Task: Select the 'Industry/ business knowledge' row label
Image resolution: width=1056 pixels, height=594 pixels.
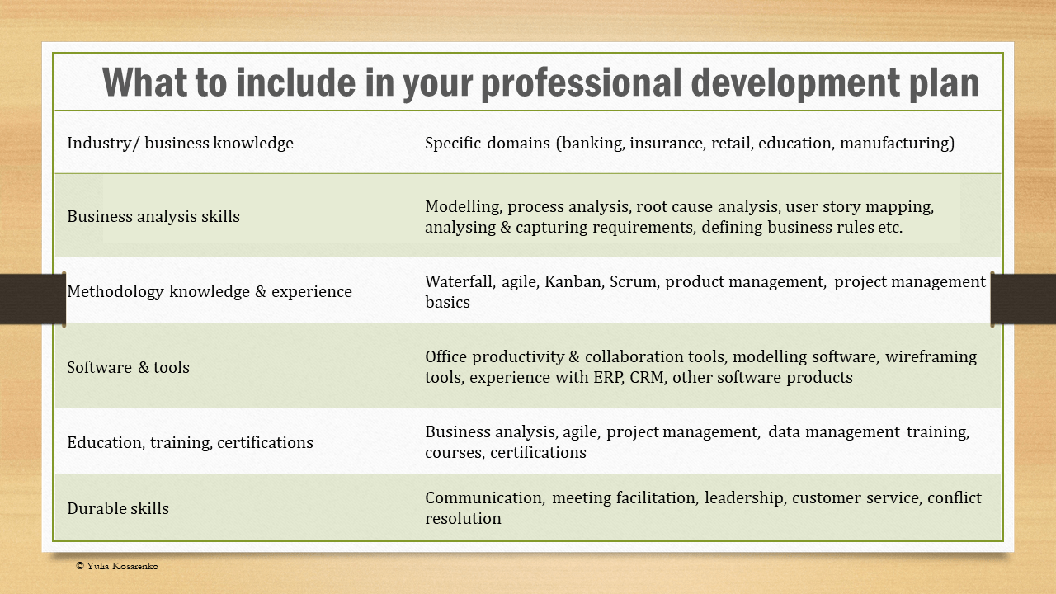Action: (x=180, y=143)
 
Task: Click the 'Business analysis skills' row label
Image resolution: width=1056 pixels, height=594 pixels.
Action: (x=153, y=216)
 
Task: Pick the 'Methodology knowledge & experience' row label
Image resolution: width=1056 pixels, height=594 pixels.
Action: (x=210, y=291)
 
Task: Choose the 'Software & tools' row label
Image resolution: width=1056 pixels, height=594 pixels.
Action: (x=128, y=367)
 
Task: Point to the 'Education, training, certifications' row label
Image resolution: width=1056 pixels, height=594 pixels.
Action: (x=190, y=442)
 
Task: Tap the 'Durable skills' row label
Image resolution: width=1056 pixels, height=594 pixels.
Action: (x=118, y=508)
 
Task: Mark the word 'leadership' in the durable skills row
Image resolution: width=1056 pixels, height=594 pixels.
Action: (x=743, y=497)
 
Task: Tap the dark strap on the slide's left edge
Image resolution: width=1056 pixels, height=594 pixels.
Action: (x=32, y=299)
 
